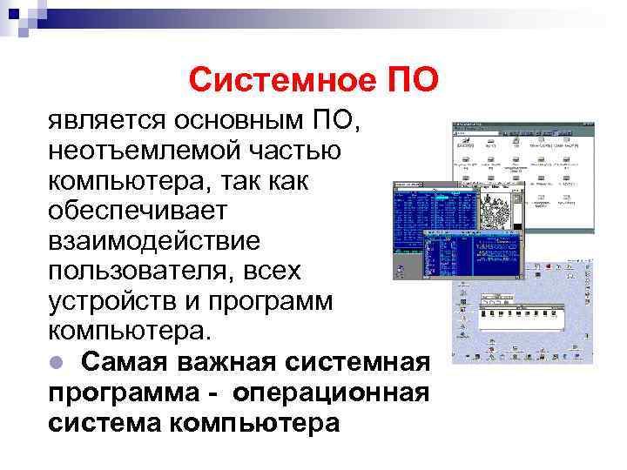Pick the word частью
[295, 151]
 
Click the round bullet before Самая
[55, 362]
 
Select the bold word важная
[215, 362]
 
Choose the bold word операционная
[331, 393]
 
